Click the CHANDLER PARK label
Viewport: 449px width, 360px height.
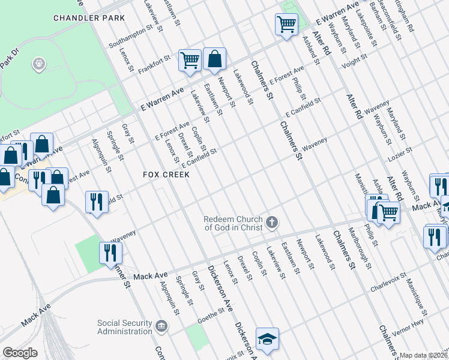[89, 18]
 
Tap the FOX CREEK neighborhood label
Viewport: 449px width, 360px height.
[166, 175]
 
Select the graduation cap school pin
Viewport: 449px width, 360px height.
[267, 339]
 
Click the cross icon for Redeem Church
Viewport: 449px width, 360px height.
[272, 223]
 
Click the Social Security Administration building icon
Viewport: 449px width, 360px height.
[161, 327]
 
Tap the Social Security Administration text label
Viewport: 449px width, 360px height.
[124, 327]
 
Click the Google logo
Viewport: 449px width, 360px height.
[20, 353]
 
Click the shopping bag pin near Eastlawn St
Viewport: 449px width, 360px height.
[214, 59]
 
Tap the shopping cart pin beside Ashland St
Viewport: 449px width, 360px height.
[286, 25]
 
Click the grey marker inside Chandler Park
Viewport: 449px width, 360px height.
[40, 64]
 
